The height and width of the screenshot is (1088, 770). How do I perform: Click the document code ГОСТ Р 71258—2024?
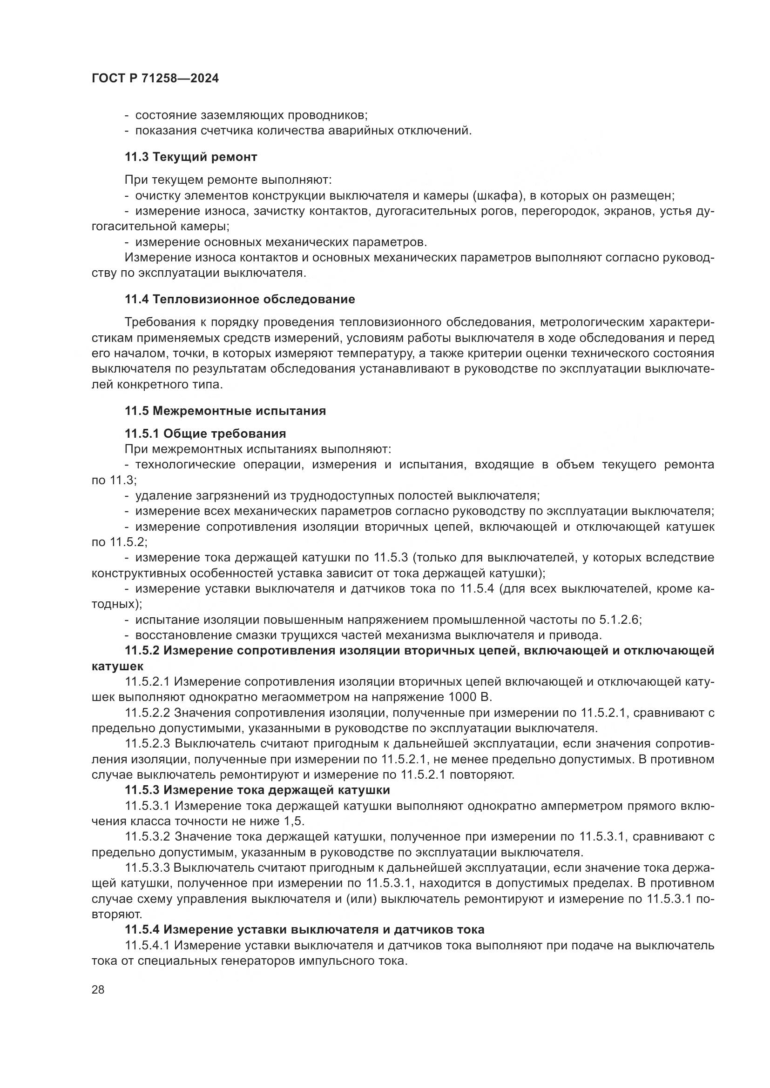155,79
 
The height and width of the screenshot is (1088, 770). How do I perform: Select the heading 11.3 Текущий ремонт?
190,157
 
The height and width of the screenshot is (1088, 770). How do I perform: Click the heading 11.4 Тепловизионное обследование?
239,299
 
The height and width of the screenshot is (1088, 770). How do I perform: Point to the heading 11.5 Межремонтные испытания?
225,411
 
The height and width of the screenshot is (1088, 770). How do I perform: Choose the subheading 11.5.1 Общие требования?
205,434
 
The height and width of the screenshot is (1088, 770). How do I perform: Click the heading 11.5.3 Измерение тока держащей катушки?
257,790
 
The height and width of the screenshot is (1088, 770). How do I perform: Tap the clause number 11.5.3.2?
148,837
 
